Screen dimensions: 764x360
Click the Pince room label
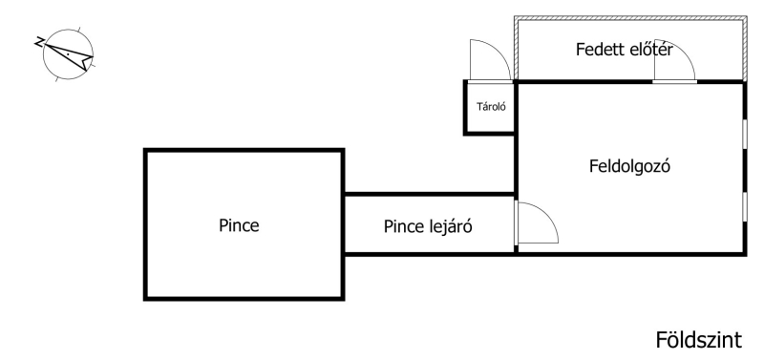pyautogui.click(x=239, y=225)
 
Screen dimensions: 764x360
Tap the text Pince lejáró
pyautogui.click(x=428, y=226)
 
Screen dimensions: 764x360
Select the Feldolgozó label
pyautogui.click(x=629, y=166)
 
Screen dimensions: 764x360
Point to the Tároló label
pyautogui.click(x=491, y=107)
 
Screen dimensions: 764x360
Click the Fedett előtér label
pyautogui.click(x=625, y=50)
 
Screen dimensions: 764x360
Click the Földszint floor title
pyautogui.click(x=699, y=340)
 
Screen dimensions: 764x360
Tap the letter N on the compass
pyautogui.click(x=39, y=42)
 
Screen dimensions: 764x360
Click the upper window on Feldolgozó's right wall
pyautogui.click(x=745, y=134)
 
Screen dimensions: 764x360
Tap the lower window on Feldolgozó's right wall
pyautogui.click(x=745, y=207)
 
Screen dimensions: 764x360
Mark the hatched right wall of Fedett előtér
pyautogui.click(x=745, y=49)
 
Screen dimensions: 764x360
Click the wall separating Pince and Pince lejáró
pyautogui.click(x=343, y=224)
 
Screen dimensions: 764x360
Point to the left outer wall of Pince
pyautogui.click(x=145, y=224)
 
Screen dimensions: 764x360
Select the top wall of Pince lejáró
pyautogui.click(x=429, y=194)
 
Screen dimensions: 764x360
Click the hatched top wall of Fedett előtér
pyautogui.click(x=630, y=18)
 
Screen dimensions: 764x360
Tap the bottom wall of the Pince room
pyautogui.click(x=244, y=298)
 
